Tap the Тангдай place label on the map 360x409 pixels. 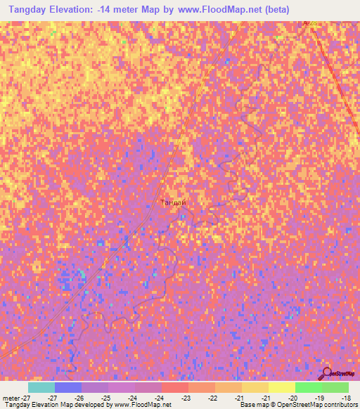[x=174, y=202]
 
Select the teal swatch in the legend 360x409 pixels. [x=41, y=387]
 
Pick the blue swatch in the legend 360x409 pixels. [x=68, y=387]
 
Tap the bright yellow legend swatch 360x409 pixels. [x=282, y=387]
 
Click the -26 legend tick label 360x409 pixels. [x=81, y=398]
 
